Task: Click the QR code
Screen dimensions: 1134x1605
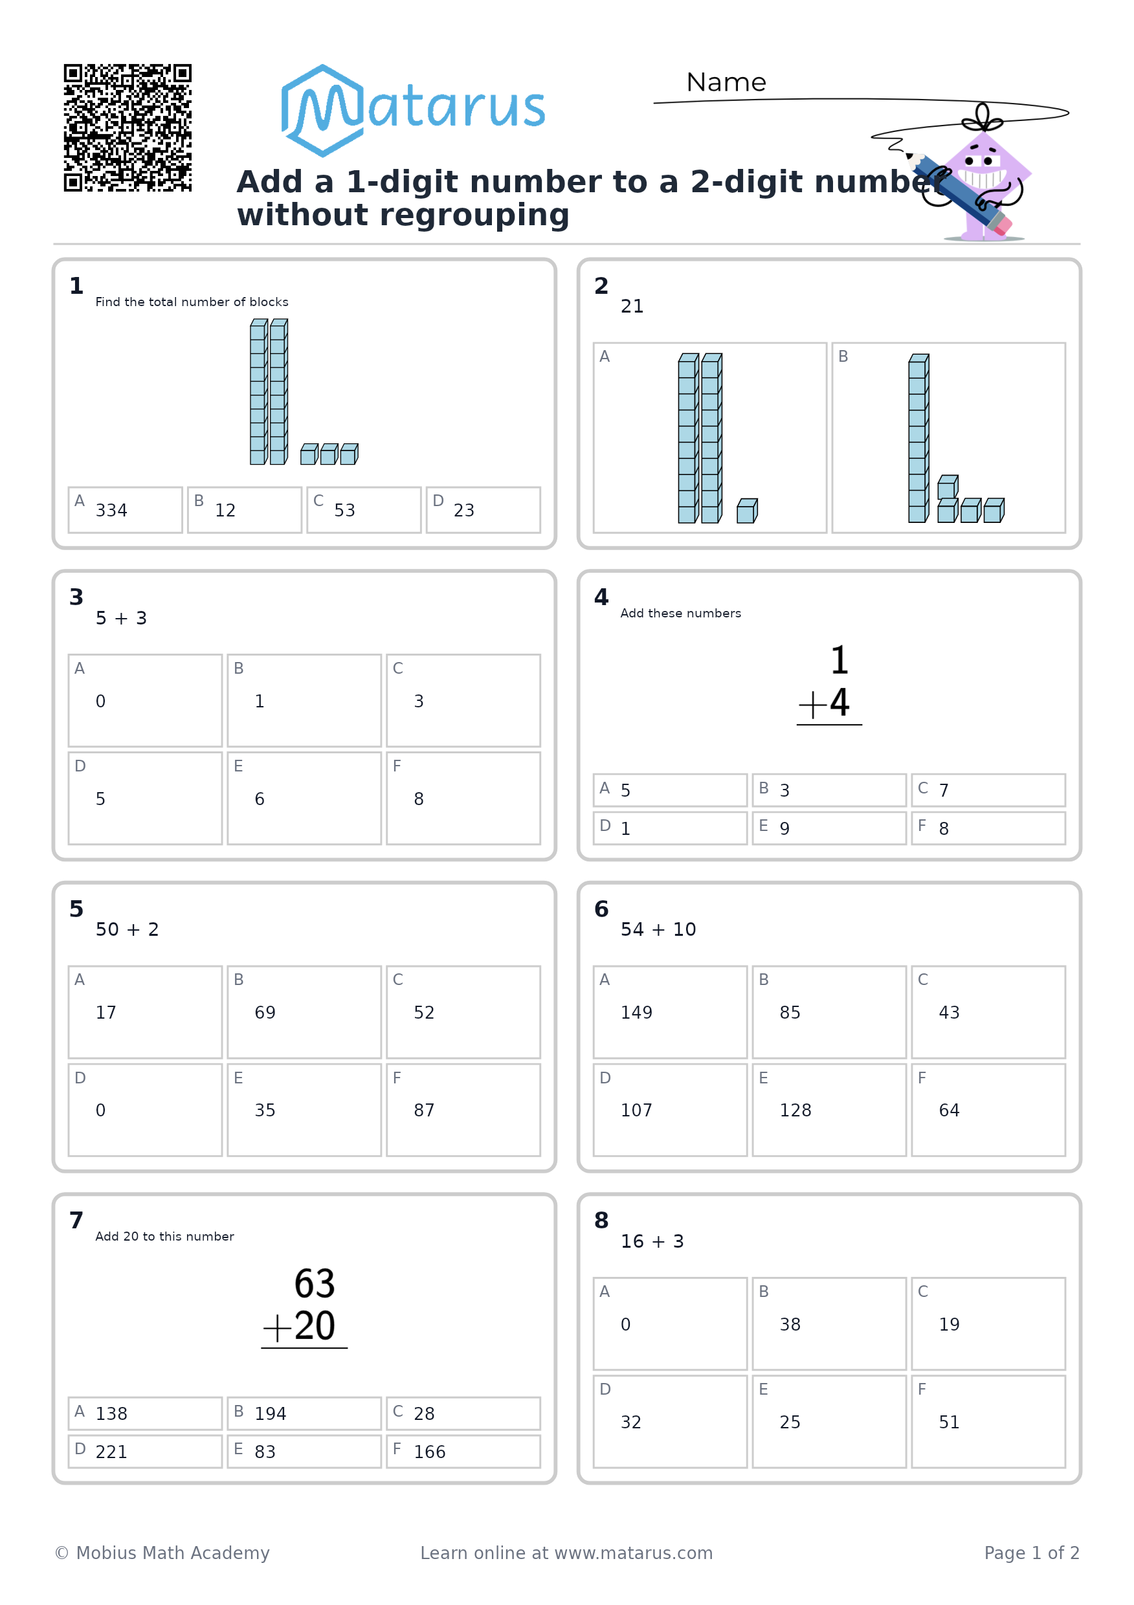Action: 128,128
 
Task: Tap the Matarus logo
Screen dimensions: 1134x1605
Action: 412,111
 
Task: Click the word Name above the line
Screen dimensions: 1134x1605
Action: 726,82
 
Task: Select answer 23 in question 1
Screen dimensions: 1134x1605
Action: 483,509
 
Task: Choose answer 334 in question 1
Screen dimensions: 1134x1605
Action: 125,509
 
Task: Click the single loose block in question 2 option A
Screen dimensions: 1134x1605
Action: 747,511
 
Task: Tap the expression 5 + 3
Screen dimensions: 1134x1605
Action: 121,618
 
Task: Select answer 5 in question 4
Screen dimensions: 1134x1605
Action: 670,790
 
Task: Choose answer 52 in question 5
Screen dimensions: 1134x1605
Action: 463,1012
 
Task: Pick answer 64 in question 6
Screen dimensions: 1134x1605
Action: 988,1110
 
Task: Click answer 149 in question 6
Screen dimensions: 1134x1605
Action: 670,1012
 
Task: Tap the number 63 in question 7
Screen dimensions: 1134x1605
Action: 315,1283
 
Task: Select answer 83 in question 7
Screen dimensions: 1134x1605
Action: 304,1451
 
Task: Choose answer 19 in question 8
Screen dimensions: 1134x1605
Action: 988,1324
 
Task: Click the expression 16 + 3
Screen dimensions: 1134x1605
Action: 652,1241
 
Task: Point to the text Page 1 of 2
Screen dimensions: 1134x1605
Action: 1032,1553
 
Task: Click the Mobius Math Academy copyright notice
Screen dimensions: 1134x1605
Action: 162,1553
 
